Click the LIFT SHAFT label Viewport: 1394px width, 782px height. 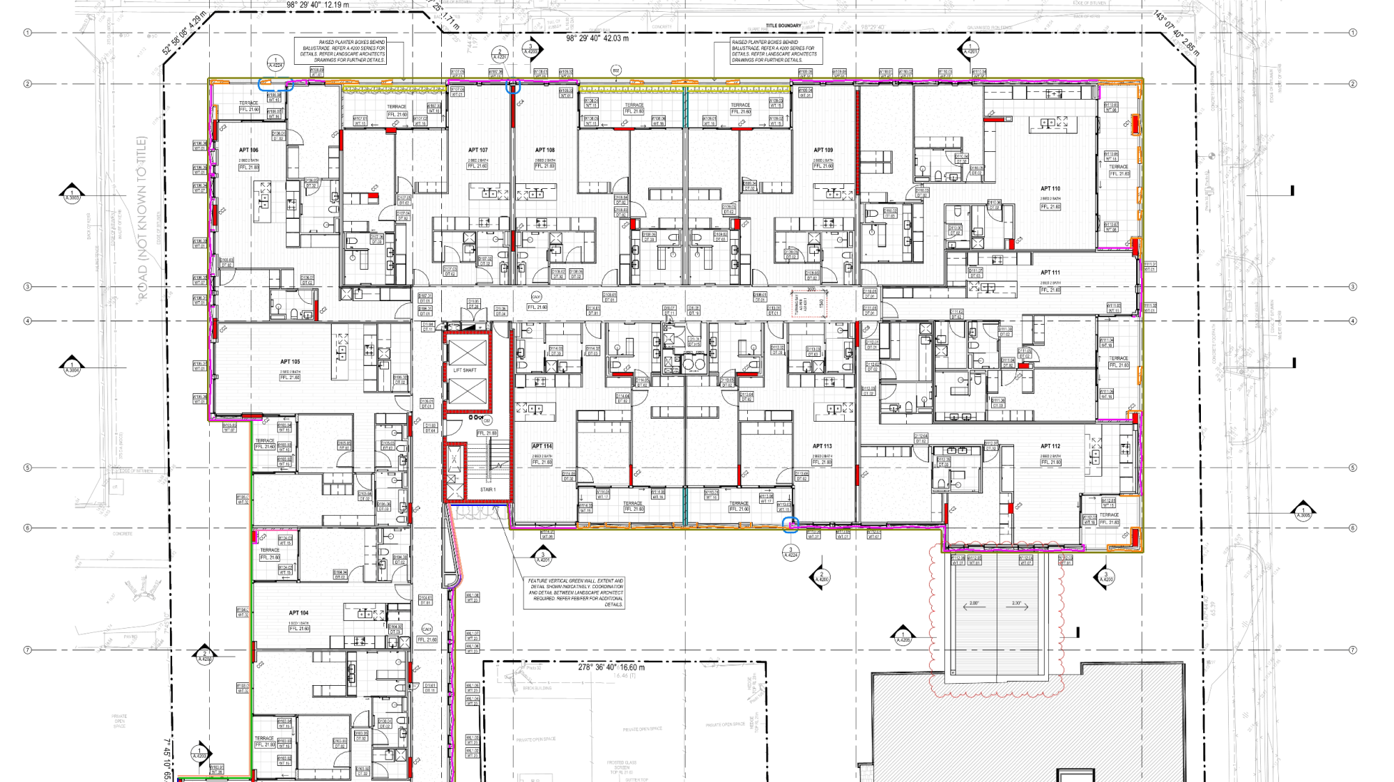click(x=465, y=370)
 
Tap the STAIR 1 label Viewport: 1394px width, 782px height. click(x=487, y=489)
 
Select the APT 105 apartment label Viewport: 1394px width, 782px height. click(x=290, y=362)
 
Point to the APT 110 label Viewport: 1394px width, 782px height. click(x=1050, y=189)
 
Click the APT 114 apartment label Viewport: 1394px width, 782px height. click(x=542, y=446)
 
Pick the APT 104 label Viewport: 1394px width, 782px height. click(x=298, y=613)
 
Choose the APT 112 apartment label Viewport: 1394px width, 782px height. click(x=1050, y=446)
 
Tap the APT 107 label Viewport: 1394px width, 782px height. click(x=477, y=150)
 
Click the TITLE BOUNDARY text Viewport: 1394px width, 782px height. click(x=783, y=26)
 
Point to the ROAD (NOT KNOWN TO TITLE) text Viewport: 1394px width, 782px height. click(x=143, y=218)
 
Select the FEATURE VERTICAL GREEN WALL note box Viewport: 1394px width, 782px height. click(x=574, y=592)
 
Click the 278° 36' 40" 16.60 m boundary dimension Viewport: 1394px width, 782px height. click(x=611, y=667)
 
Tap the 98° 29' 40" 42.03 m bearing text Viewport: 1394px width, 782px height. click(x=597, y=38)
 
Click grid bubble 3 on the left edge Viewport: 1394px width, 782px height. click(x=28, y=286)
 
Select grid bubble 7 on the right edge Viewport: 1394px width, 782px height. click(x=1353, y=650)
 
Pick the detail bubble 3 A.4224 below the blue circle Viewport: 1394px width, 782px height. click(x=790, y=553)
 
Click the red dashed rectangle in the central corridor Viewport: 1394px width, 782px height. click(x=809, y=304)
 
